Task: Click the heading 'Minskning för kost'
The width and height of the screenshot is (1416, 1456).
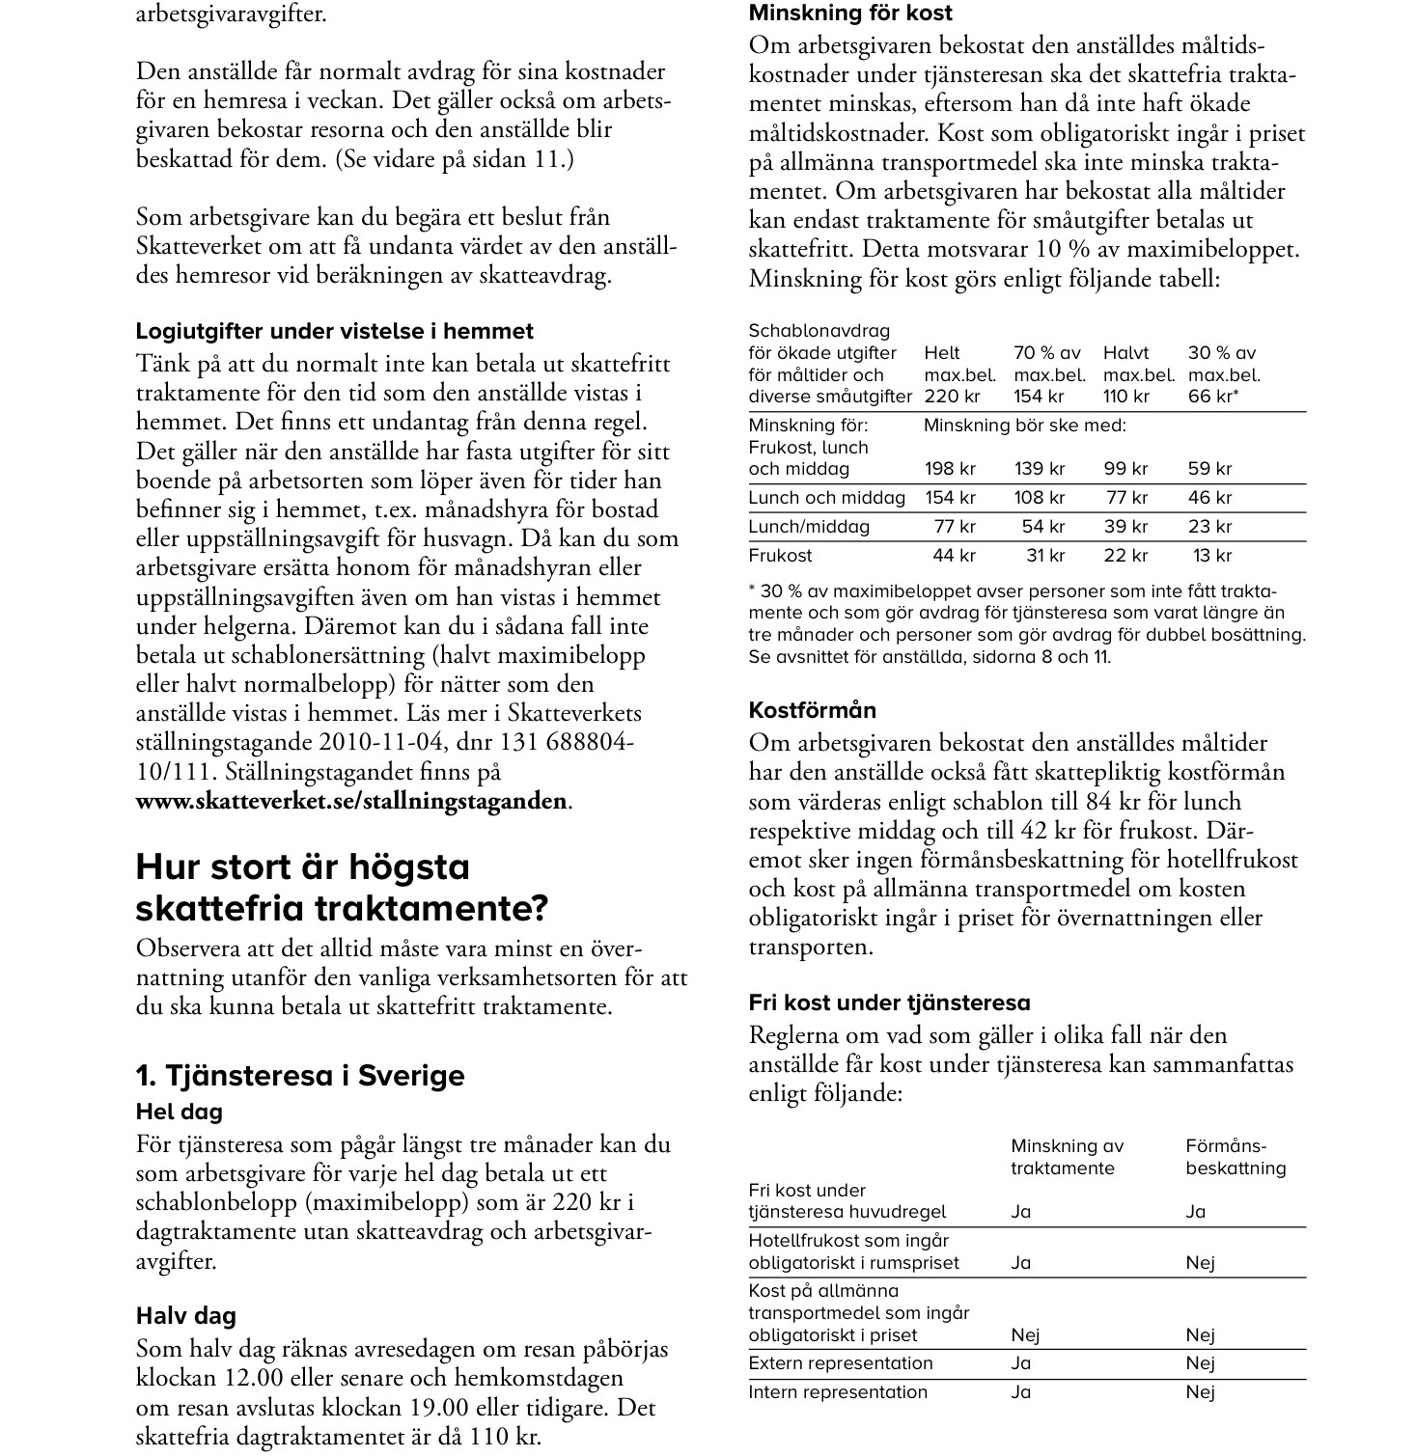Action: click(849, 14)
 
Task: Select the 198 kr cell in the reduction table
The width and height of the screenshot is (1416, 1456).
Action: click(950, 469)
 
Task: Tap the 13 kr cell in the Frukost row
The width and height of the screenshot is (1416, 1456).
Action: click(1212, 556)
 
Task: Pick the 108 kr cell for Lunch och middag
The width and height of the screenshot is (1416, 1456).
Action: click(1039, 498)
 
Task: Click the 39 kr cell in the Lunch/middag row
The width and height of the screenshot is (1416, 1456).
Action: click(1125, 527)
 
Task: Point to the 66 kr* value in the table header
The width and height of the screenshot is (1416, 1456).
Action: click(1213, 397)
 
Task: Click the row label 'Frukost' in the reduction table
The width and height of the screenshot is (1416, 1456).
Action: click(780, 556)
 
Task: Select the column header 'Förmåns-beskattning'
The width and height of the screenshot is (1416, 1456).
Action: click(1236, 1157)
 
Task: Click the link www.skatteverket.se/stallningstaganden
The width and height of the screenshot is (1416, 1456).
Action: click(351, 801)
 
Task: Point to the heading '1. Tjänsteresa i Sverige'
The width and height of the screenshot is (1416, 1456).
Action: click(300, 1076)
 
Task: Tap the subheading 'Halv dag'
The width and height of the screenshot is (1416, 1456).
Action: click(185, 1316)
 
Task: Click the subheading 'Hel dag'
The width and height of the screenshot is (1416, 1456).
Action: click(179, 1112)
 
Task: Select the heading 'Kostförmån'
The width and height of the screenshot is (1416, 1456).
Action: click(813, 710)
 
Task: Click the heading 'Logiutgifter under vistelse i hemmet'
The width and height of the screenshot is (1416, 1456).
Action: click(334, 331)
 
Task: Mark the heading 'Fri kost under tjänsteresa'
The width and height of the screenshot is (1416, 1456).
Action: click(889, 1003)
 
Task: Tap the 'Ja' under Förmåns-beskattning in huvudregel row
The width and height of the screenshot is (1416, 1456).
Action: click(1196, 1212)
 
